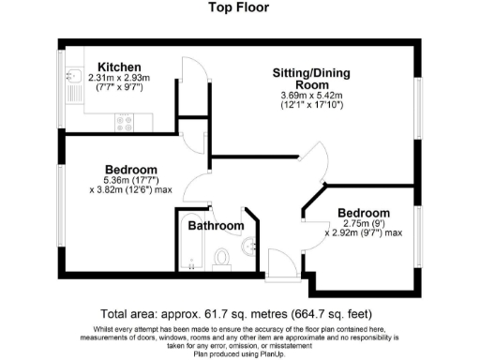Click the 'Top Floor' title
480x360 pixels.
(239, 7)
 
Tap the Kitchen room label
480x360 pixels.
(119, 67)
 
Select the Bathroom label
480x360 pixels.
(216, 226)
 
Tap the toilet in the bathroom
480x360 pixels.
(222, 256)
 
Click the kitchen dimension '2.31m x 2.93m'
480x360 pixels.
(119, 79)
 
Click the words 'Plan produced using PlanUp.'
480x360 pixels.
(239, 353)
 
